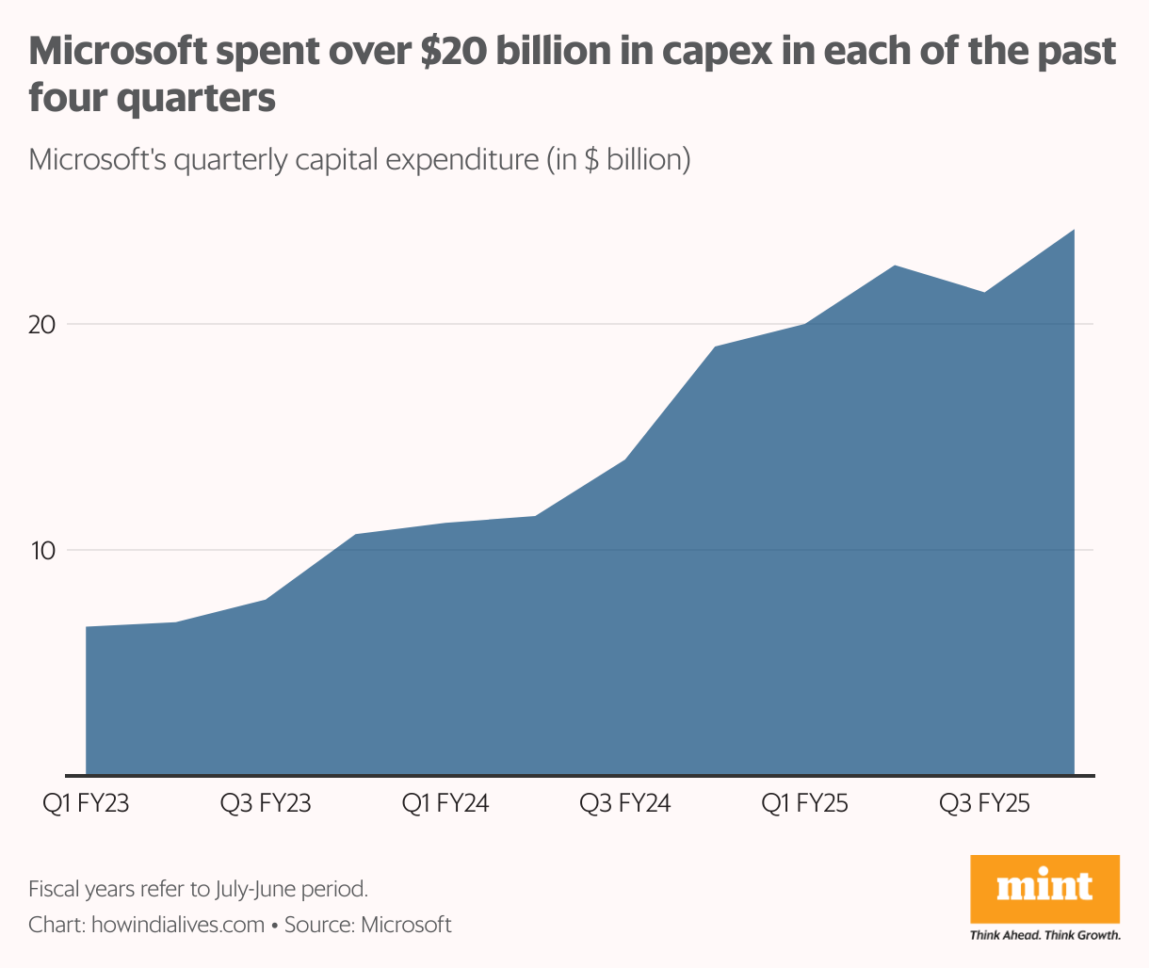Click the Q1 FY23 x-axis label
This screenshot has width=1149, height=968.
86,804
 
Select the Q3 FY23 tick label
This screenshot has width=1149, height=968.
266,804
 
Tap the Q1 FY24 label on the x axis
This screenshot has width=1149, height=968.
445,804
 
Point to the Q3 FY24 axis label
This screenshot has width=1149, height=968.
624,804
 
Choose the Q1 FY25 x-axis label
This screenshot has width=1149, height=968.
804,804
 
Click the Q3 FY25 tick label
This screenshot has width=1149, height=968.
984,804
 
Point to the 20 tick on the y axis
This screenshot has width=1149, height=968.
42,325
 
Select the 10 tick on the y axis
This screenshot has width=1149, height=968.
42,551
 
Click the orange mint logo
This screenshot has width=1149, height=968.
1044,887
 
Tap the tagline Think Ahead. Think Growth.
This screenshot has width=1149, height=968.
1044,935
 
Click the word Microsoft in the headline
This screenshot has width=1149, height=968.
115,52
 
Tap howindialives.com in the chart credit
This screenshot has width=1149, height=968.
178,925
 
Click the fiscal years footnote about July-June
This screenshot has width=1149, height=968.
198,888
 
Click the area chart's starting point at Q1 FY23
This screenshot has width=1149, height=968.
88,628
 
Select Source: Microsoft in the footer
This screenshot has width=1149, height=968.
368,925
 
